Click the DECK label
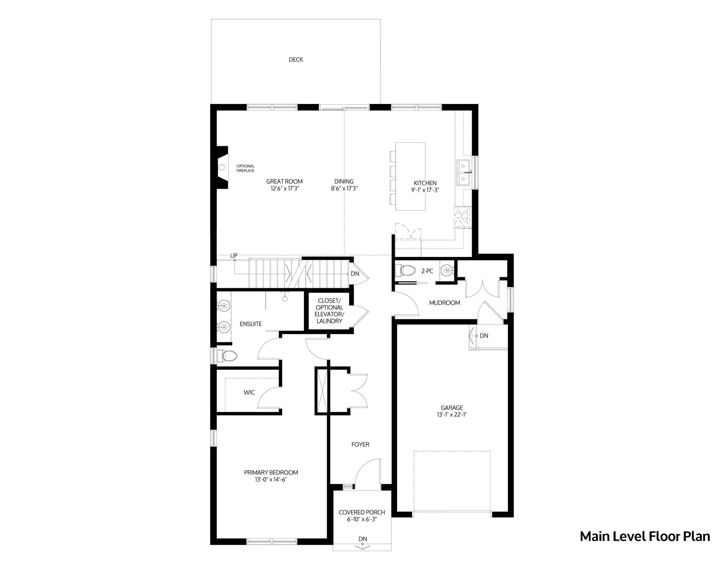pos(296,60)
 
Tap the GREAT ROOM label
pos(284,182)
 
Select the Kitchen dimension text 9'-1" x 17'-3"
pos(425,190)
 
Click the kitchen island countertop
pos(410,176)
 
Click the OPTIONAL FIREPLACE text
pos(245,168)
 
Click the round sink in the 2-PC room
pos(447,270)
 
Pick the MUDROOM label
pos(445,302)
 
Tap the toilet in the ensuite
pos(227,355)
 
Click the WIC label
pos(249,392)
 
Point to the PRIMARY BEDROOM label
pos(271,472)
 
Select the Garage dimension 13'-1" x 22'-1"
pos(452,415)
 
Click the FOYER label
pos(360,444)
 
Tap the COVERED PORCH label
pos(362,512)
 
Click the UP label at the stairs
pos(234,256)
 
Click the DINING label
pos(344,182)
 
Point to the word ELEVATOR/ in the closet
pos(330,314)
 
